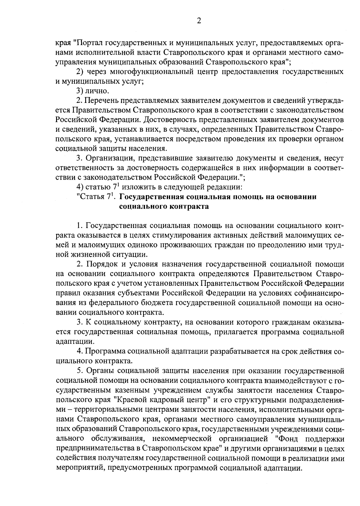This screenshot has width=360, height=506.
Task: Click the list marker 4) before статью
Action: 80,187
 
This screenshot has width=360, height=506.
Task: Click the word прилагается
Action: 234,332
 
